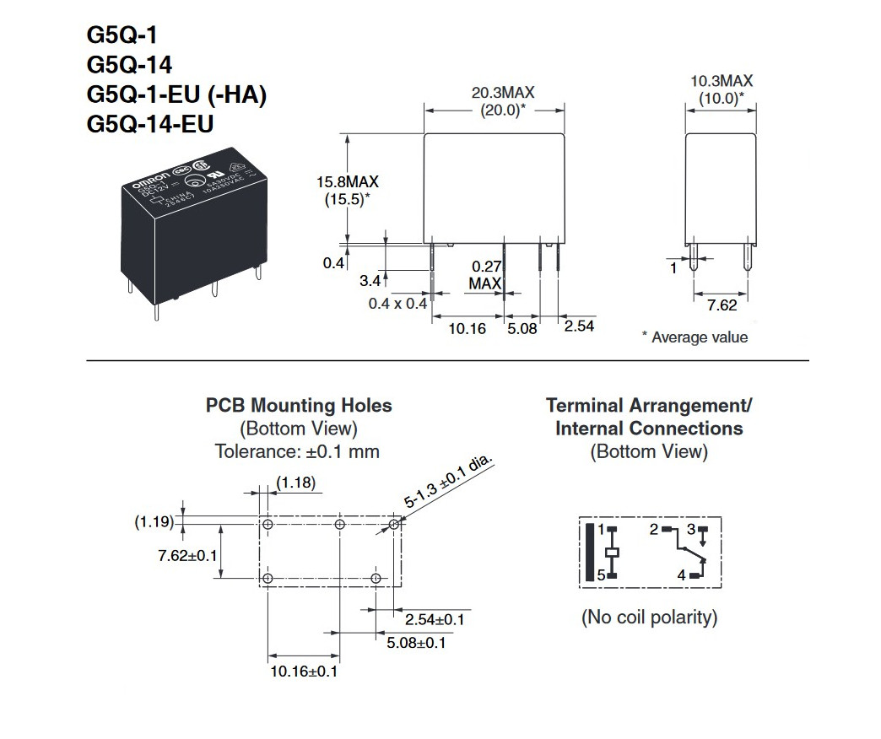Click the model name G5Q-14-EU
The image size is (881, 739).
tap(149, 124)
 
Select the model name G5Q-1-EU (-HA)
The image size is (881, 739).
tap(176, 94)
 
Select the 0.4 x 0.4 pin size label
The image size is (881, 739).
tap(397, 304)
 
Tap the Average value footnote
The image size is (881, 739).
tap(695, 337)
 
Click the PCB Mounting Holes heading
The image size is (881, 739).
tap(299, 406)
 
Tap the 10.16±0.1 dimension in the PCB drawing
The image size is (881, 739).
tap(304, 672)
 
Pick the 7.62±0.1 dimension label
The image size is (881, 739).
tap(187, 555)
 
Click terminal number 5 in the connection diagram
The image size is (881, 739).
tap(601, 576)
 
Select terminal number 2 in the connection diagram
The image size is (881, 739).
tap(652, 530)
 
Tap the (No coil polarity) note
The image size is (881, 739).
tap(649, 618)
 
